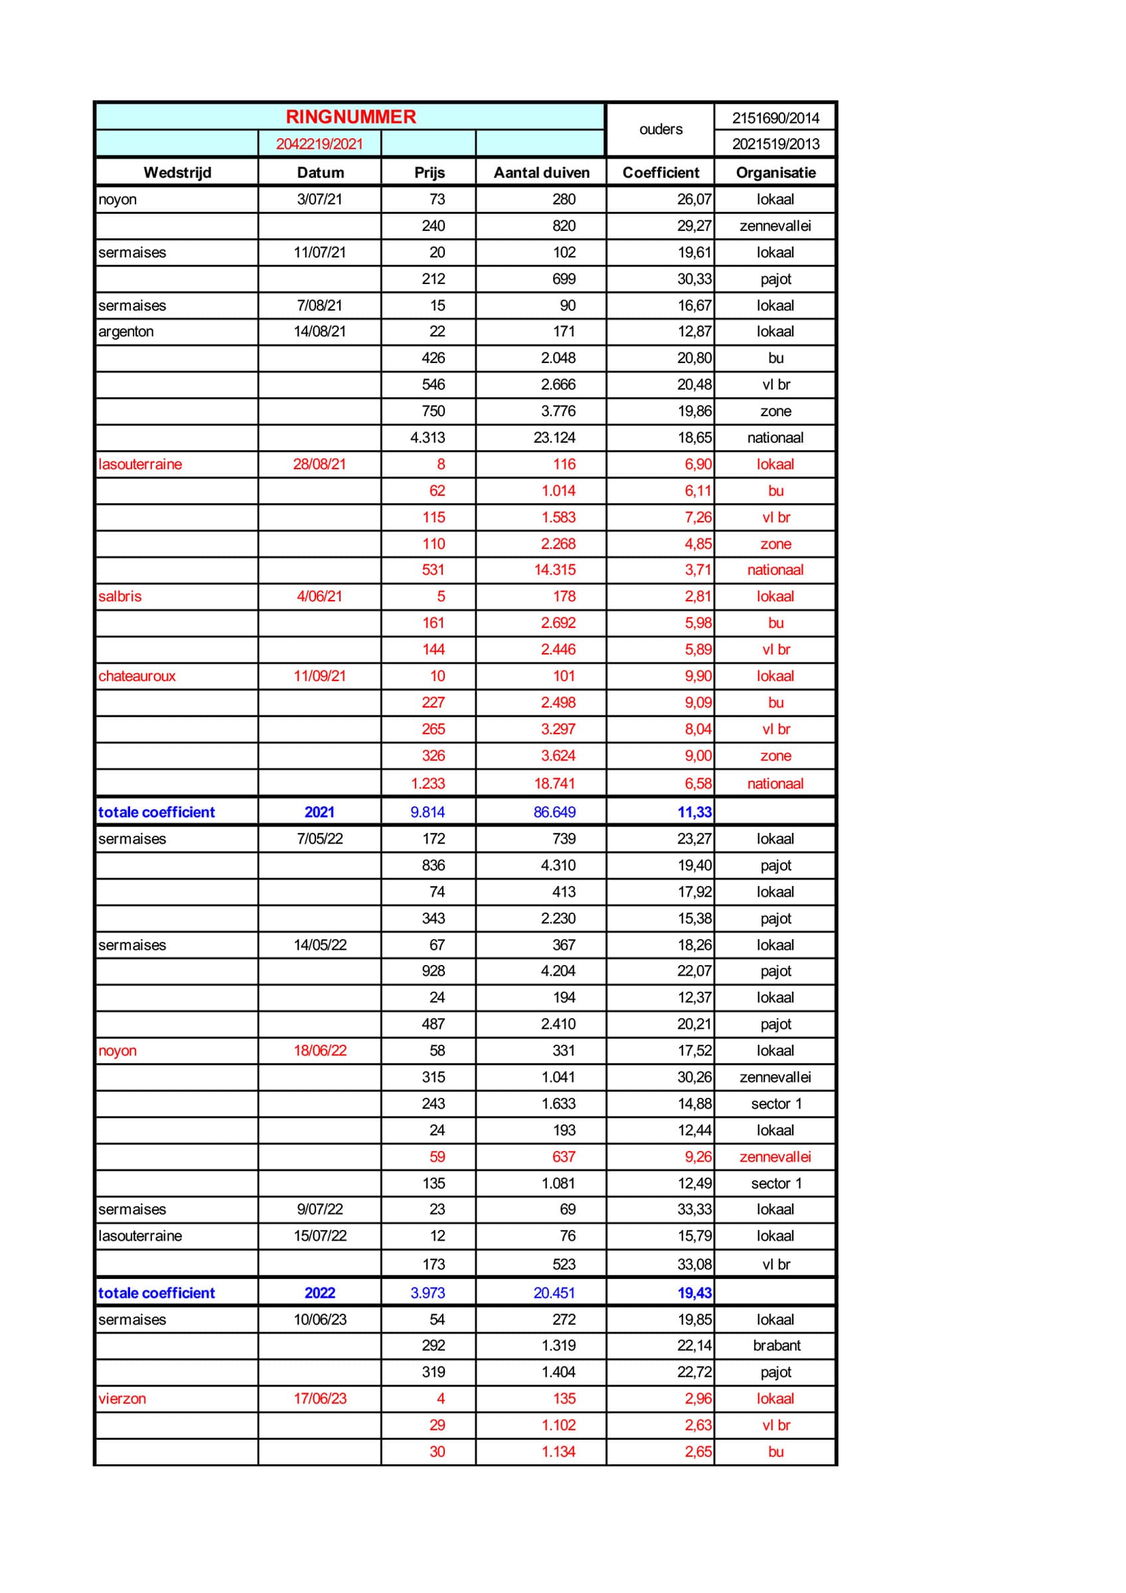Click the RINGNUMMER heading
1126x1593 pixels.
(351, 117)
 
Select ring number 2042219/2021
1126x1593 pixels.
(319, 143)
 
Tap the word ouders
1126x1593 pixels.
(661, 129)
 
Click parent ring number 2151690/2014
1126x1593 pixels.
(775, 118)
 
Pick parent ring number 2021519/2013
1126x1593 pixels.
(775, 143)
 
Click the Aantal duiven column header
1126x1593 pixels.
(541, 172)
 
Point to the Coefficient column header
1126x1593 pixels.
(661, 172)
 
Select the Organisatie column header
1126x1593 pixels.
(775, 172)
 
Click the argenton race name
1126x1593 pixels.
(125, 331)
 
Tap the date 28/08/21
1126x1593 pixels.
(319, 463)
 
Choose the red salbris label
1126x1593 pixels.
(120, 596)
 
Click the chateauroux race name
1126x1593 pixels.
(137, 676)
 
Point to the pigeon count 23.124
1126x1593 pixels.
(554, 437)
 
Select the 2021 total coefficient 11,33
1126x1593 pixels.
(694, 812)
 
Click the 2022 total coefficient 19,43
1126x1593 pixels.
(694, 1292)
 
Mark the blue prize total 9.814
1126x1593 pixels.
(428, 812)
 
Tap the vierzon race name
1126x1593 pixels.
(122, 1398)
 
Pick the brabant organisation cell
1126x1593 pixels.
(776, 1345)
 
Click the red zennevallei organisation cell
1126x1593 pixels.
(775, 1157)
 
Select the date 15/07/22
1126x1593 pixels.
(320, 1236)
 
